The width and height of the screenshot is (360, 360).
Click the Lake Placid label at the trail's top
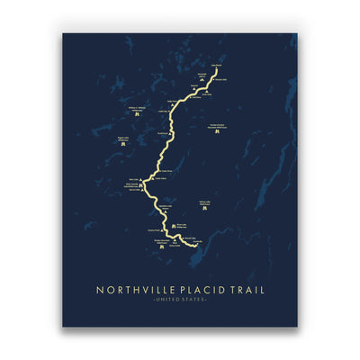[216, 65]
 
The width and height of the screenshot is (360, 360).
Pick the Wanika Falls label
[221, 79]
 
